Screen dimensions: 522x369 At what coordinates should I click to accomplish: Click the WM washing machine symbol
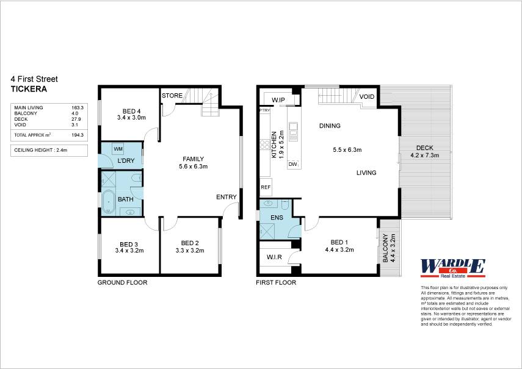click(118, 149)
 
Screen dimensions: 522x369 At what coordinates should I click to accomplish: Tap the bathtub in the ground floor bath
click(108, 201)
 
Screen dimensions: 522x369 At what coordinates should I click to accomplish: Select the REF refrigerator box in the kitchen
click(266, 187)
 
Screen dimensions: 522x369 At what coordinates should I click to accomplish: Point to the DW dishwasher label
click(292, 164)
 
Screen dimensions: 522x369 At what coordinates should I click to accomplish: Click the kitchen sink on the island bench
click(293, 131)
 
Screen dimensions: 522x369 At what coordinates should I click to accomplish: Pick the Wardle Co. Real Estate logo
click(453, 268)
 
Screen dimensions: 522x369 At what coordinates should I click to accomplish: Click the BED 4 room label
click(129, 112)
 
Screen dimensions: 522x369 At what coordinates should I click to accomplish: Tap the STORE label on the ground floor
click(172, 96)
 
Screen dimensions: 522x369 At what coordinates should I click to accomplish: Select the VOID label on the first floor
click(367, 97)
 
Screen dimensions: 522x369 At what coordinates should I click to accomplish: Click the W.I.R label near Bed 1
click(274, 257)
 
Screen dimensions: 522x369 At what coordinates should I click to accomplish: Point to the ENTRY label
click(227, 197)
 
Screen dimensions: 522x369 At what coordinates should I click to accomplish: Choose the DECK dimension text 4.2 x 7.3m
click(425, 156)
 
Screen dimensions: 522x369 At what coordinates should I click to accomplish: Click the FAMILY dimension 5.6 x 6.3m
click(194, 167)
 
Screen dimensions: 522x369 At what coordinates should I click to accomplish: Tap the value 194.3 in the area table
click(78, 135)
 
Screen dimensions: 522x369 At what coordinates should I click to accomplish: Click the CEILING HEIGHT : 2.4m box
click(49, 150)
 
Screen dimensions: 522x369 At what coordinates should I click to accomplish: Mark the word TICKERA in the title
click(29, 89)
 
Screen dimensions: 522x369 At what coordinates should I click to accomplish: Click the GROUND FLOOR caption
click(122, 282)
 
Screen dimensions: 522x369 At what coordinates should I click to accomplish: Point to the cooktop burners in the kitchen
click(264, 145)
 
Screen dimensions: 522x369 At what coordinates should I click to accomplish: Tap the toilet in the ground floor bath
click(137, 179)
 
